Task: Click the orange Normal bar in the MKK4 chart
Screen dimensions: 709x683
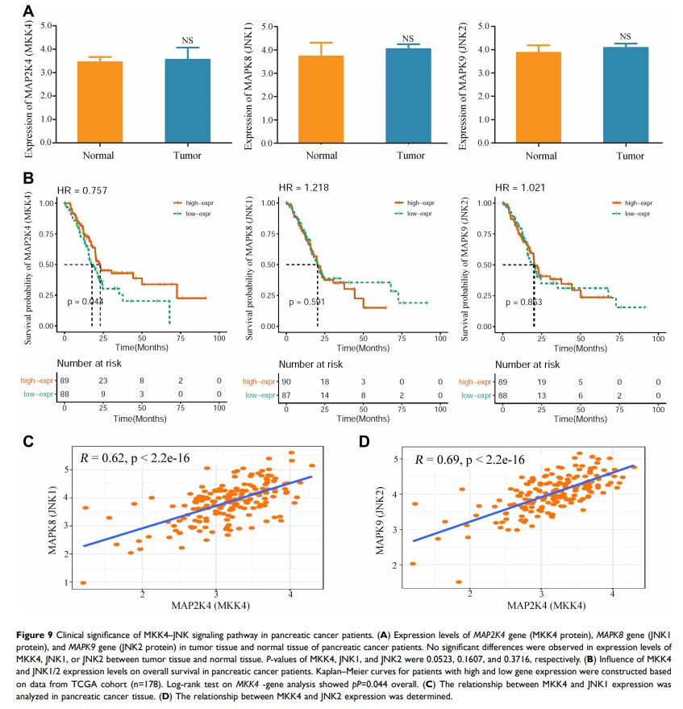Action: (x=100, y=102)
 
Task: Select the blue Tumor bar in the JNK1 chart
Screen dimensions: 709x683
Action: (x=408, y=95)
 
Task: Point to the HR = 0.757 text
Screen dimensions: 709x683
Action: (x=86, y=190)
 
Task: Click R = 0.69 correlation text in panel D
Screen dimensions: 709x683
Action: (x=470, y=460)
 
